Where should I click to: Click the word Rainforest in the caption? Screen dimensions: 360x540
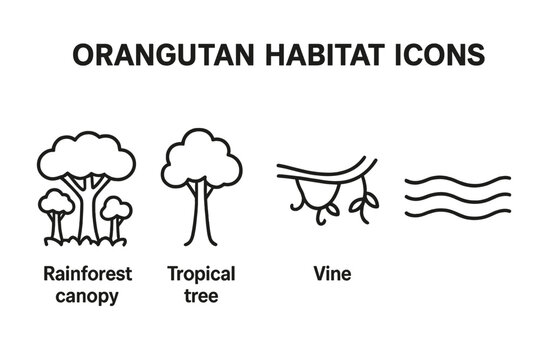88,273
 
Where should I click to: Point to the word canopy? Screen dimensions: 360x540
88,295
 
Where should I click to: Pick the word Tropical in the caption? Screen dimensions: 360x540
201,273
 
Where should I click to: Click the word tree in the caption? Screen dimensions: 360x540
201,295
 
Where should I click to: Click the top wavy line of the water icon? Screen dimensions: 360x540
457,181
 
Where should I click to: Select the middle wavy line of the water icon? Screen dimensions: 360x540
457,197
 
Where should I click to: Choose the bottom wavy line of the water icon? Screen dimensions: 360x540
457,213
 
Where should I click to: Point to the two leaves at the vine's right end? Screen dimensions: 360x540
366,205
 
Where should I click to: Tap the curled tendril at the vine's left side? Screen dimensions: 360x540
298,200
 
